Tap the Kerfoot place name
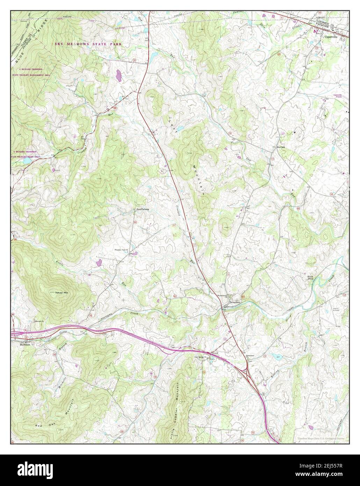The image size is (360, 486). (x=281, y=147)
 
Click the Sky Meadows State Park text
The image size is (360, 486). (x=88, y=44)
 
